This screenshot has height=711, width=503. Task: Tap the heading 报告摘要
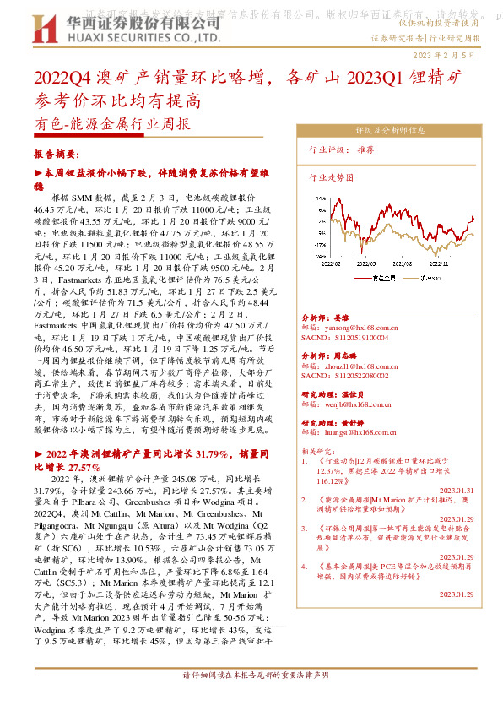(56, 155)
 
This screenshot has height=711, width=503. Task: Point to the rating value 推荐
(365, 149)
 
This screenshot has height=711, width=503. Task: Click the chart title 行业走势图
(332, 178)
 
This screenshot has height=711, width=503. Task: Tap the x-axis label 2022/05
(369, 263)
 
